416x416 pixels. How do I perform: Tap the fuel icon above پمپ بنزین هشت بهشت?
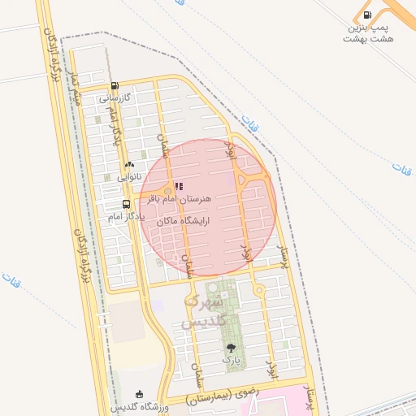368,15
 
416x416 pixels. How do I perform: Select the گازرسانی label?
115,97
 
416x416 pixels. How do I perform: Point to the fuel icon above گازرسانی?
115,85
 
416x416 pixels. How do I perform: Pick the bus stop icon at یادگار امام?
126,204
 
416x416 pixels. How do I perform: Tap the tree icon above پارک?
232,347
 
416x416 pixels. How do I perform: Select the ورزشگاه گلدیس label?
140,405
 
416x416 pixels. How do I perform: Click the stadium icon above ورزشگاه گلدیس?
140,394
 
